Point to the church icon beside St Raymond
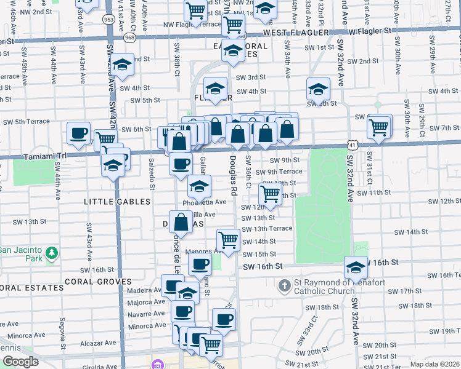285,286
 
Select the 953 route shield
109,19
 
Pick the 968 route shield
129,37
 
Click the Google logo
20,362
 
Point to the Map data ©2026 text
434,363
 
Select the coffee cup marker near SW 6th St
80,133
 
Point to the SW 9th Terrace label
279,172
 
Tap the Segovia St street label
62,329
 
